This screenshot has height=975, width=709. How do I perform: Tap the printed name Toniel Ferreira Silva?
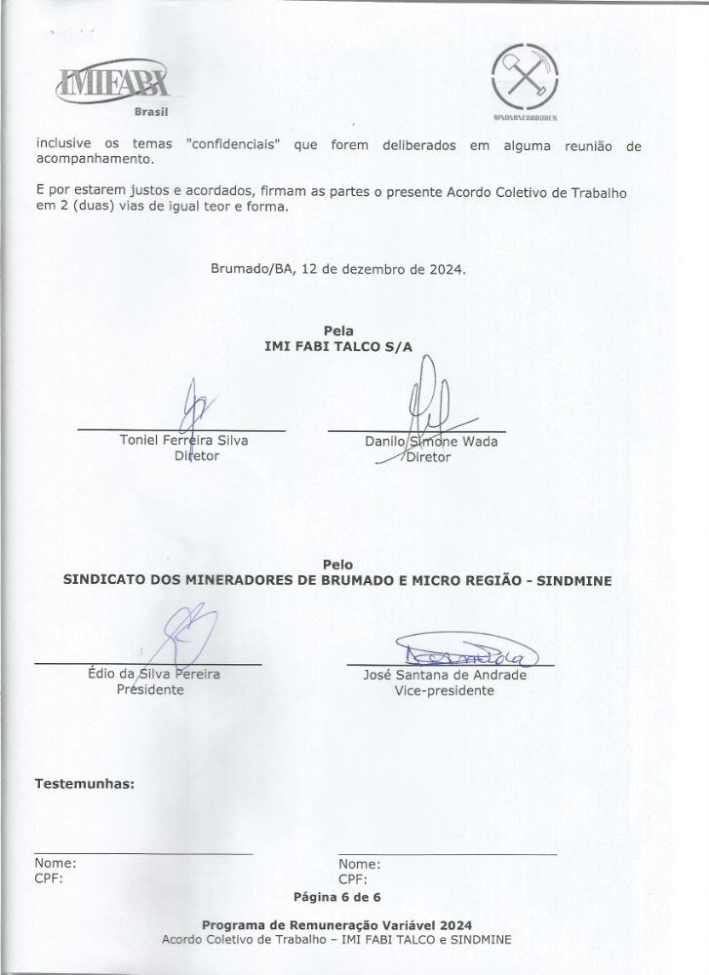182,441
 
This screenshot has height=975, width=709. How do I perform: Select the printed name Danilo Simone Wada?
431,442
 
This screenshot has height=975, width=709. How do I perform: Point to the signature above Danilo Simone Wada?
429,400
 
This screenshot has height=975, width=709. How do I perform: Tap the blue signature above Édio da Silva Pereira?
185,634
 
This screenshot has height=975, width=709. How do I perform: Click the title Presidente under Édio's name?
150,689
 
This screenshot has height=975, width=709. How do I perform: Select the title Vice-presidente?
444,690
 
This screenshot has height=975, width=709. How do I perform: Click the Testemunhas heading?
84,782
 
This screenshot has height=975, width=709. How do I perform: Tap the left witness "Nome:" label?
56,864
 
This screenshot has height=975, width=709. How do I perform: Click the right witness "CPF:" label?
353,878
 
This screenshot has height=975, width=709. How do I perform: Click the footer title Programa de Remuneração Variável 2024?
335,924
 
